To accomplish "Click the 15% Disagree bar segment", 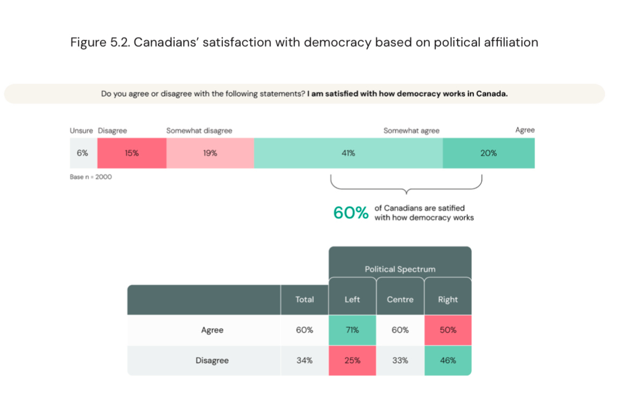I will point(132,153).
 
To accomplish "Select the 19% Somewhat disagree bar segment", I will point(210,153).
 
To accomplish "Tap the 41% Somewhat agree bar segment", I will point(348,153).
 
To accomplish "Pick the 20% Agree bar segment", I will point(488,153).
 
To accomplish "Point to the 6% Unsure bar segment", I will point(83,153).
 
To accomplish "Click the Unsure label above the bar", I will point(81,130).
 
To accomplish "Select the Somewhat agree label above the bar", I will point(411,130).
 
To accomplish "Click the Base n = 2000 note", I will point(91,177).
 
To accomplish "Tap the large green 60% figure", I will point(351,213).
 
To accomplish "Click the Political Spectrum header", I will point(400,269).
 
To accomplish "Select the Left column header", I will point(352,300).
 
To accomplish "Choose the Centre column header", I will point(400,300).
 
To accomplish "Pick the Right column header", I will point(448,300).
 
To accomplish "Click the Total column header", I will point(304,300).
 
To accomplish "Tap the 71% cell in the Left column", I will point(352,330).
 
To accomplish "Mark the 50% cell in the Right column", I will point(448,330).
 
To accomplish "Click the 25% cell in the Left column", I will point(352,360).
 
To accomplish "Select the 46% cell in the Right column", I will point(448,360).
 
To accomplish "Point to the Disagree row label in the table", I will point(212,360).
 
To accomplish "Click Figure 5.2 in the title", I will point(99,42).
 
